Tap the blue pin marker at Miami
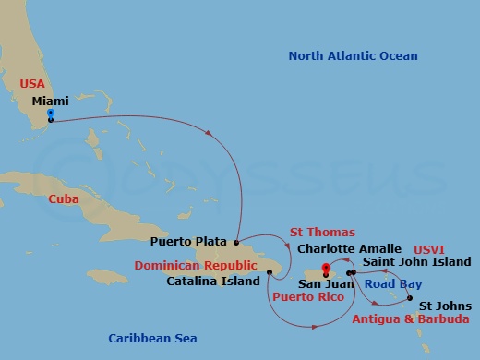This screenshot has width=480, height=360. [50, 114]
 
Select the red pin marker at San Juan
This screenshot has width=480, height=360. [326, 270]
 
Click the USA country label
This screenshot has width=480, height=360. [32, 83]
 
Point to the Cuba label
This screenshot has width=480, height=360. [63, 198]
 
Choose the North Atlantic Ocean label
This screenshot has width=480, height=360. [353, 56]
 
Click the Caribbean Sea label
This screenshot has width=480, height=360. [152, 339]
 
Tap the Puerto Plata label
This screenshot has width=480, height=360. [188, 242]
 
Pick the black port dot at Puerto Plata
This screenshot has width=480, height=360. [237, 244]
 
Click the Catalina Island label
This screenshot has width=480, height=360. [213, 282]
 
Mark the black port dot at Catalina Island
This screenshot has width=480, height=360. [269, 271]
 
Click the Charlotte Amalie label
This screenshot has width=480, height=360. [349, 249]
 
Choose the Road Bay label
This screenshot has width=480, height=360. [392, 285]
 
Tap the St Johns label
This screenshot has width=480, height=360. [445, 306]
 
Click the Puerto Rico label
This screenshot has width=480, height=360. [306, 298]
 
